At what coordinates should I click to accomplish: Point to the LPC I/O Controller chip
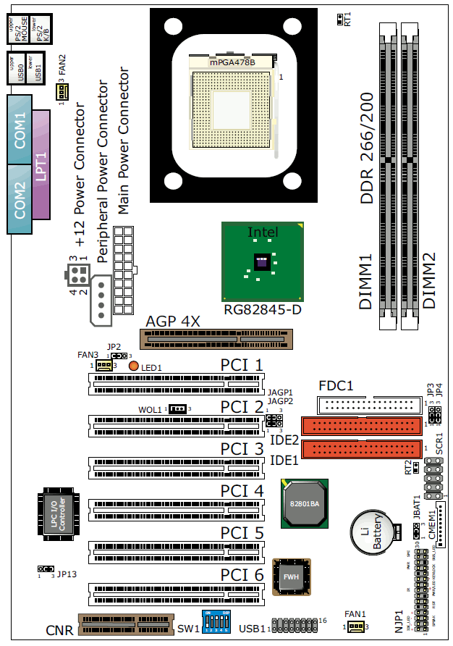(x=66, y=513)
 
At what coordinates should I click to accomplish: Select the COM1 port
(x=20, y=130)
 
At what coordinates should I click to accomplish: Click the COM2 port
(x=20, y=199)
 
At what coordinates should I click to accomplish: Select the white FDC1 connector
(x=369, y=404)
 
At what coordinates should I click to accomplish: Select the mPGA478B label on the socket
(x=232, y=63)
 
